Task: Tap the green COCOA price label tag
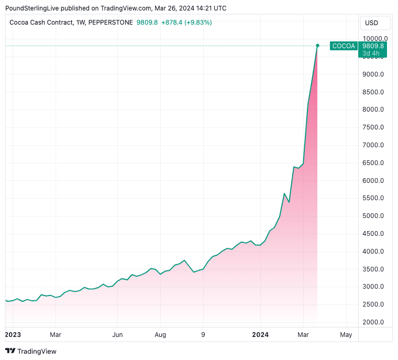[344, 46]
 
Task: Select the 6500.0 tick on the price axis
[373, 163]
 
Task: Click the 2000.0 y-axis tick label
[373, 322]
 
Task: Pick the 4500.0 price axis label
[373, 234]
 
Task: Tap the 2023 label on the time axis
[13, 334]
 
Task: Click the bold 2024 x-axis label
[260, 334]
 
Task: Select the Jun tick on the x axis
[117, 334]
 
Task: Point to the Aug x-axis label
[160, 334]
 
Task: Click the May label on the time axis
[346, 334]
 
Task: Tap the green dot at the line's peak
[317, 46]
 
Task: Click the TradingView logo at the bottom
[31, 351]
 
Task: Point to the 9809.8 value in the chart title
[146, 23]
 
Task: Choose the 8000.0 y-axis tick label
[373, 110]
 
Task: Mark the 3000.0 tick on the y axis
[373, 287]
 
